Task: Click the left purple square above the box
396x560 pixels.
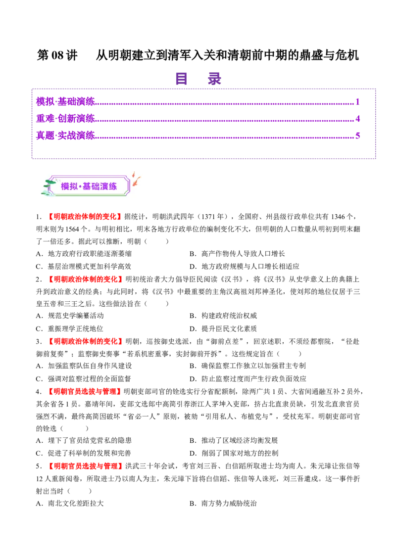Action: click(x=182, y=79)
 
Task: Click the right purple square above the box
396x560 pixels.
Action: click(x=214, y=79)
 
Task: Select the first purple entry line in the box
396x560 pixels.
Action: click(x=198, y=102)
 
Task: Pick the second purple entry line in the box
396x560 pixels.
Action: click(x=198, y=119)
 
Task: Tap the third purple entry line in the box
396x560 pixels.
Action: click(x=198, y=136)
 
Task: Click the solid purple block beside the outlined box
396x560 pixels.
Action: click(x=386, y=126)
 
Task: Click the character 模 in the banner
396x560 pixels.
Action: click(x=65, y=187)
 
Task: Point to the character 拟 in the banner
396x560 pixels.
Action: click(x=74, y=187)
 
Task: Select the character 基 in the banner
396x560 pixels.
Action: click(x=87, y=187)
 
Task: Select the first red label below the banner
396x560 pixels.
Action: click(x=85, y=216)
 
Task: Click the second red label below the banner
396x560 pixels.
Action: click(x=85, y=279)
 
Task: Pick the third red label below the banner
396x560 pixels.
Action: click(x=85, y=341)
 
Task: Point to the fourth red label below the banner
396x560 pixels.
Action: click(x=85, y=391)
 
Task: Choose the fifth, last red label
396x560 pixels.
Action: click(x=85, y=466)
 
